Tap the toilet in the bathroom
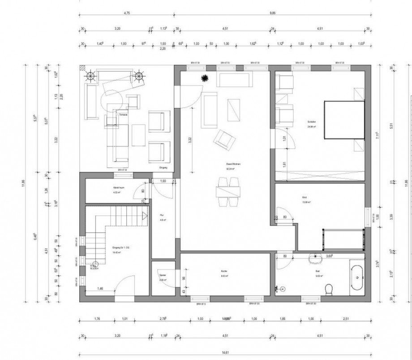[328, 290]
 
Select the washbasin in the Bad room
[317, 259]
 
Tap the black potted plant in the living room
[205, 78]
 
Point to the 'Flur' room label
[162, 216]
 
